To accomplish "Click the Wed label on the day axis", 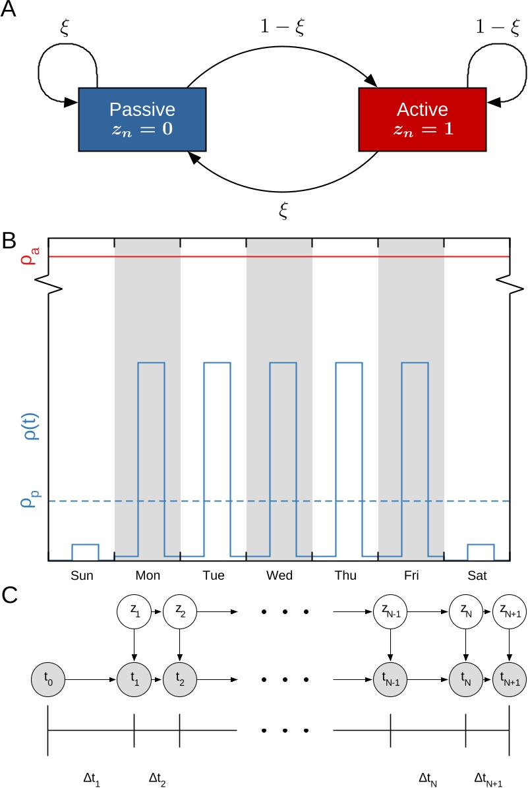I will [279, 576].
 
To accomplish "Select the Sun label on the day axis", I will [82, 576].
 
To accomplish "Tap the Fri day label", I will [411, 576].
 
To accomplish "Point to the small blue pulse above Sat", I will [481, 551].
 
